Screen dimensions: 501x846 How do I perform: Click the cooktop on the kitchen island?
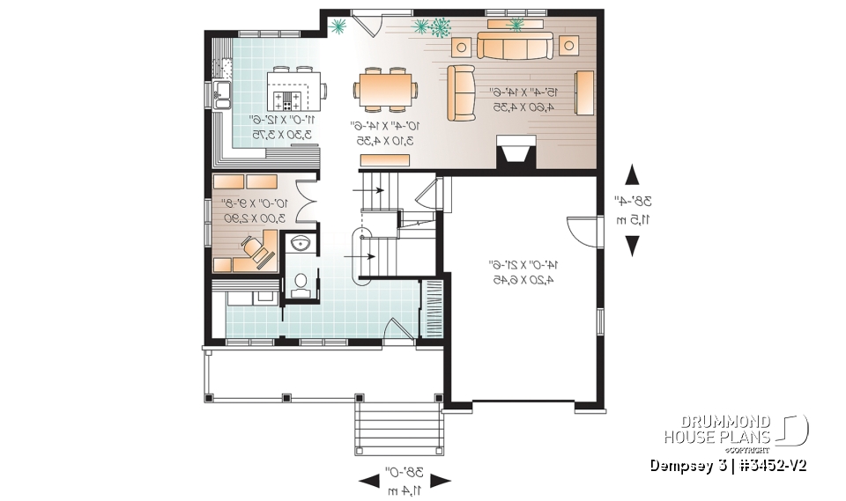[288, 99]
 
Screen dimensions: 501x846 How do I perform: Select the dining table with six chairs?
[386, 89]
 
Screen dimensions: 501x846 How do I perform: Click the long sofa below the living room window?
[515, 45]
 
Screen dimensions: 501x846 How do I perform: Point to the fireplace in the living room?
[515, 151]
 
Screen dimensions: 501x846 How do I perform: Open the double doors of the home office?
[303, 200]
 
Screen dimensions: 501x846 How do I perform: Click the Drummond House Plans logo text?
[717, 430]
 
